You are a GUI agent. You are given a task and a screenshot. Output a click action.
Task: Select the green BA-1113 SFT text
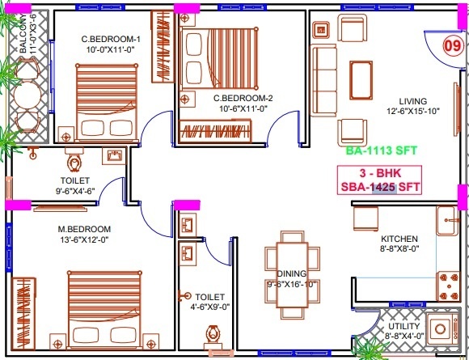[x=379, y=150]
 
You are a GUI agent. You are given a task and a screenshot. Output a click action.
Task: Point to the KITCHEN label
[x=399, y=239]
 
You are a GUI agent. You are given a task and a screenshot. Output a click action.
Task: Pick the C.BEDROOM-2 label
[x=243, y=99]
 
